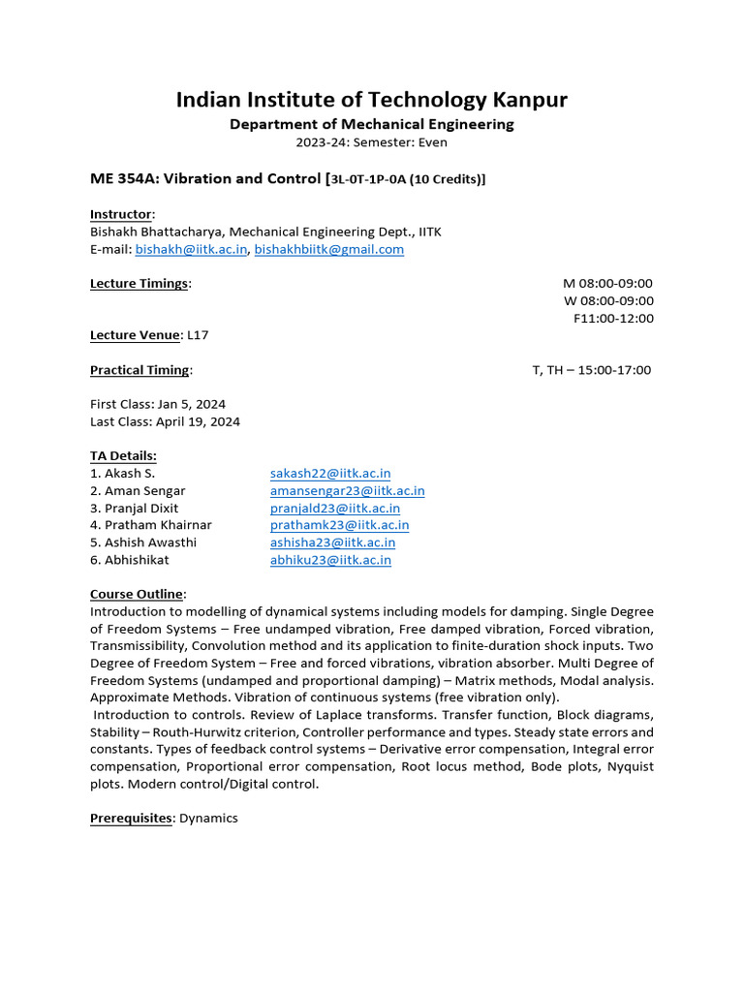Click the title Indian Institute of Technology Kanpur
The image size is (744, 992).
371,100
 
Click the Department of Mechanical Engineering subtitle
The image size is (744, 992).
371,124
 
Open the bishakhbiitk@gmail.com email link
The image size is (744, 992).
328,249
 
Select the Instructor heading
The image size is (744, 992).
121,214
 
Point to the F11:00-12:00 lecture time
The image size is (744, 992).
613,318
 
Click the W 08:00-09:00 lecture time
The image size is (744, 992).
608,300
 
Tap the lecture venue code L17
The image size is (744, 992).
198,335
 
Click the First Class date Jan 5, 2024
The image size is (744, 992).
191,404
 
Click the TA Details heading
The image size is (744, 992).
123,456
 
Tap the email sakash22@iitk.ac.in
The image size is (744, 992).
329,474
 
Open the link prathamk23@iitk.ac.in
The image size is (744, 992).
339,525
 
